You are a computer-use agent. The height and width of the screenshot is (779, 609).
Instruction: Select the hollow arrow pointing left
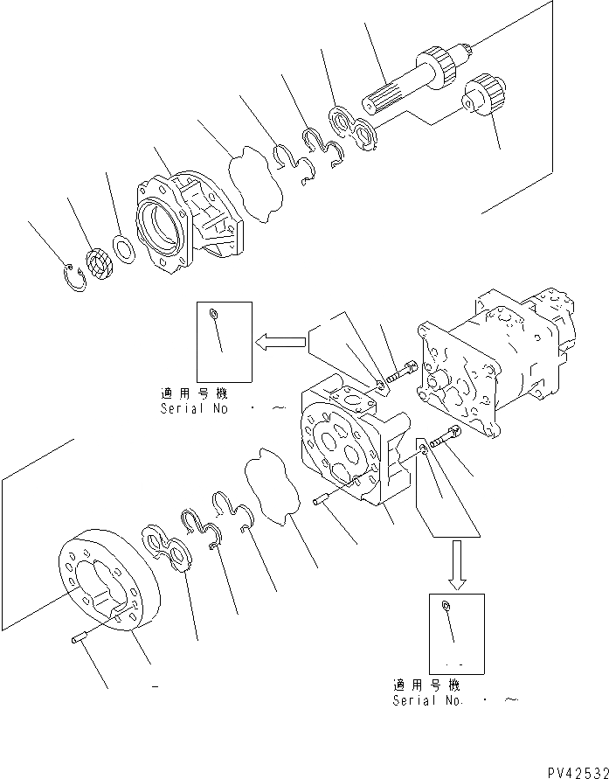(x=279, y=342)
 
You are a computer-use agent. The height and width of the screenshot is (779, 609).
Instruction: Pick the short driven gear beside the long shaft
(x=484, y=94)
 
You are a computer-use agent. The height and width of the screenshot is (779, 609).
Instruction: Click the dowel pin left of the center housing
(x=321, y=502)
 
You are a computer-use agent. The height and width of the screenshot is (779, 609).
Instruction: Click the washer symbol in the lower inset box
(x=447, y=607)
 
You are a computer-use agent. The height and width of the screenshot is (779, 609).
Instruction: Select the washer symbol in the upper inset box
(x=215, y=314)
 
